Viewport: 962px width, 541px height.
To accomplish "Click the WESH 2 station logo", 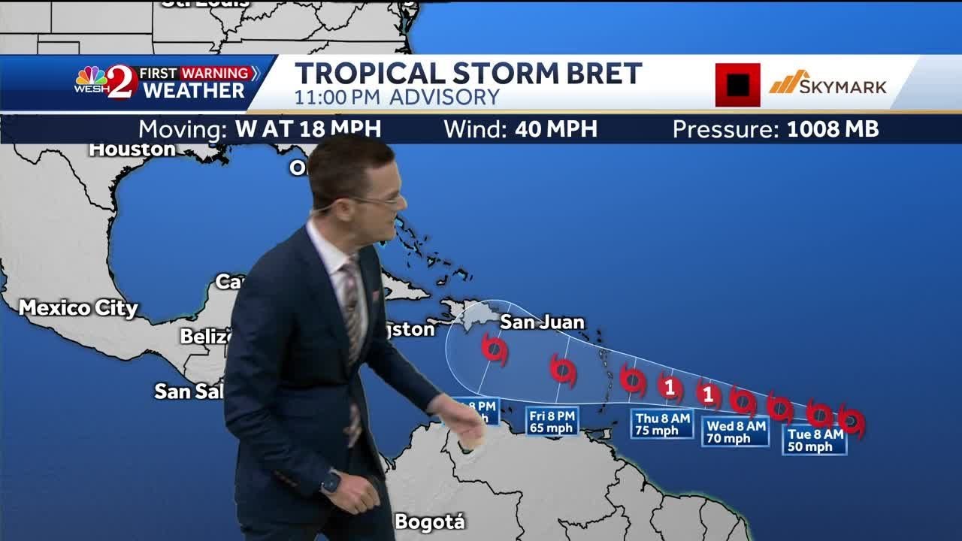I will pos(106,82).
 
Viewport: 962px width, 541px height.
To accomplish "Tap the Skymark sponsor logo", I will pos(827,83).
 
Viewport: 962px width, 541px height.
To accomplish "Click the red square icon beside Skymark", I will pos(737,84).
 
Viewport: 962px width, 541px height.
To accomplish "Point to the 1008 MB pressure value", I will pos(833,129).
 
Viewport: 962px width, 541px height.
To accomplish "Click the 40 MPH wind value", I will pos(556,129).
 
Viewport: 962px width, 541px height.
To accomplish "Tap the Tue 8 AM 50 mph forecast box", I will pos(815,440).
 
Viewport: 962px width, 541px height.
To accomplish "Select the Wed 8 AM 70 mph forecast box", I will pos(736,432).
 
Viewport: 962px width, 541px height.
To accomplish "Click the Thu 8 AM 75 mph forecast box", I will pos(662,425).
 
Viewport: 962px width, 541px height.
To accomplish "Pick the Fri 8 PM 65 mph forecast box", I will pos(552,422).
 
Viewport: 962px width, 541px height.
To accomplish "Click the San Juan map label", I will pos(542,322).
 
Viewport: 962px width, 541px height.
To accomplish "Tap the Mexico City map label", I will pos(78,307).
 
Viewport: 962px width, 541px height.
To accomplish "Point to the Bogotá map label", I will pos(430,522).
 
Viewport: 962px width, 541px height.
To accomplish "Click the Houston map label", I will pos(132,150).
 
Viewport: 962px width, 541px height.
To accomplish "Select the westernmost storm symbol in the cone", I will pos(494,349).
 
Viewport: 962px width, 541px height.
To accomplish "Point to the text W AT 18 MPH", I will pos(308,129).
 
